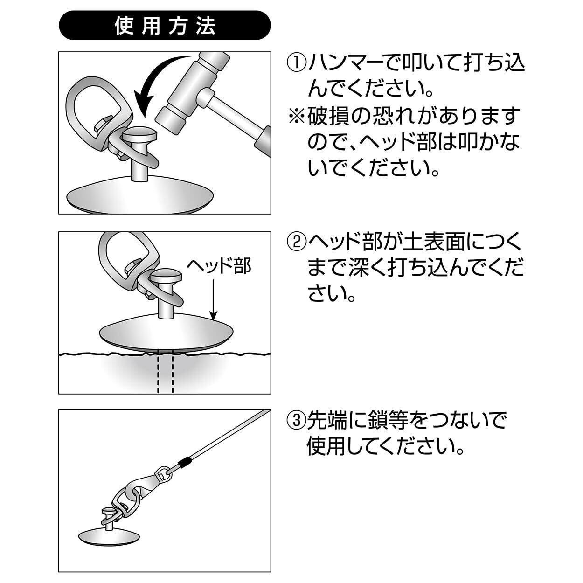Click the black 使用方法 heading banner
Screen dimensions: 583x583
[x=165, y=26]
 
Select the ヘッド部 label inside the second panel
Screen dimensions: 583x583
[x=219, y=266]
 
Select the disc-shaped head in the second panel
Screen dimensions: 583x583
[x=166, y=332]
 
